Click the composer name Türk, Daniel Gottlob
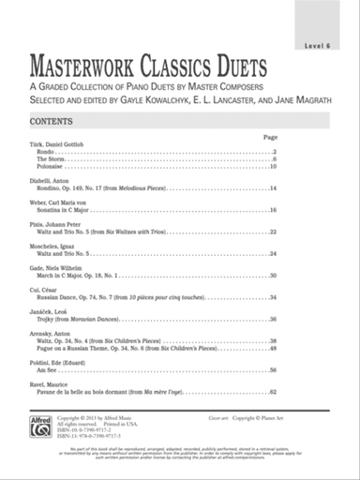57,143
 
